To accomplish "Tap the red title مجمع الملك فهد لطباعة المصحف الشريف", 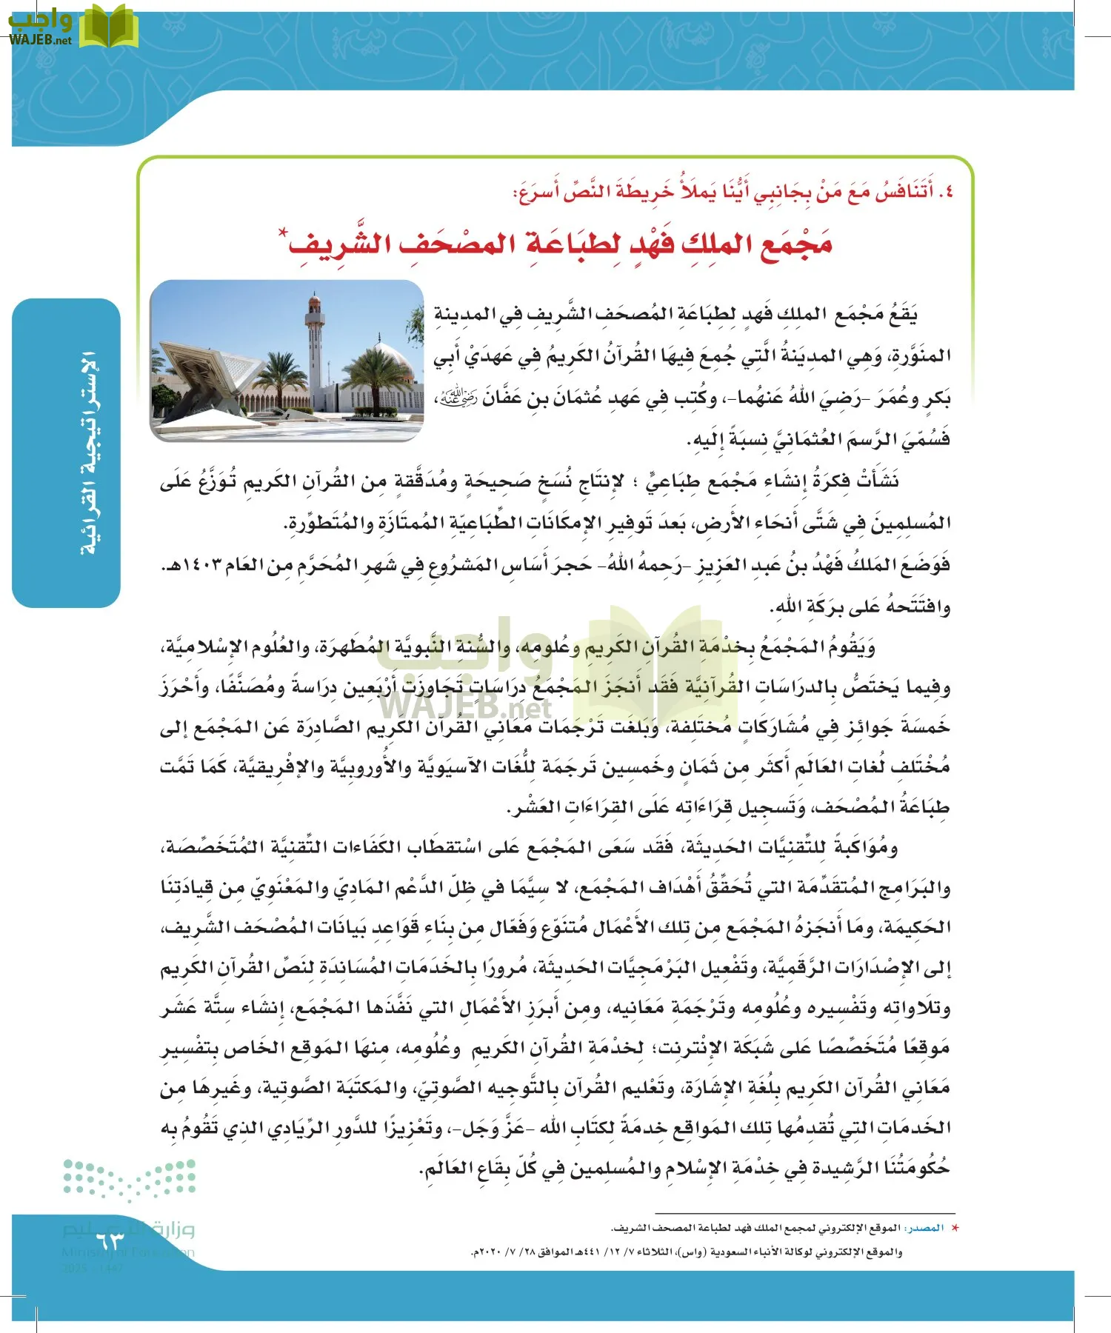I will [560, 243].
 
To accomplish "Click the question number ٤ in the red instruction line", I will [946, 193].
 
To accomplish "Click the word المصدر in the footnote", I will [927, 1228].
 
